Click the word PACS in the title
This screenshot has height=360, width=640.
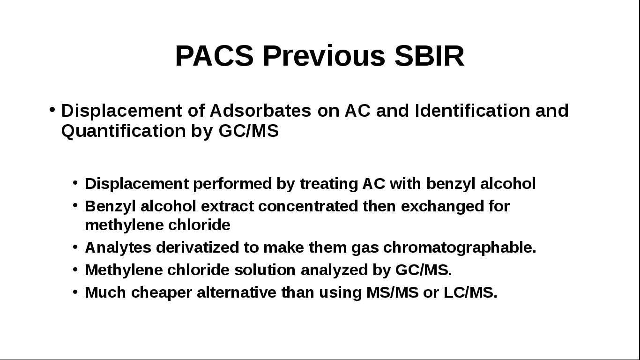[x=214, y=56]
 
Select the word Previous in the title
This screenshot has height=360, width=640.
[x=324, y=56]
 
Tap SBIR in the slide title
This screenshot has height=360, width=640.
[x=429, y=56]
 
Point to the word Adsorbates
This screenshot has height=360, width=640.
[x=260, y=111]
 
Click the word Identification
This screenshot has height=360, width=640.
[x=473, y=111]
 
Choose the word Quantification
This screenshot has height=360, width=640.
[x=124, y=131]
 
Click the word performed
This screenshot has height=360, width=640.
[x=232, y=184]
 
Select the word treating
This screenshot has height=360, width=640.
[x=329, y=184]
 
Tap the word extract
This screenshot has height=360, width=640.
[x=227, y=206]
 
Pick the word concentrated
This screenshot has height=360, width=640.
[x=308, y=206]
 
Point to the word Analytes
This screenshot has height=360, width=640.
[x=118, y=247]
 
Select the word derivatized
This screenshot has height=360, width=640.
[x=197, y=247]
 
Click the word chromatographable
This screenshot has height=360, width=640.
[x=460, y=247]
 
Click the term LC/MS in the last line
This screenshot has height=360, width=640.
[x=470, y=292]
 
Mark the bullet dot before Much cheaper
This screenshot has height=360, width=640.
[x=75, y=292]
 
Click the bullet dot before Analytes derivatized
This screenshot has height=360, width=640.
[x=75, y=247]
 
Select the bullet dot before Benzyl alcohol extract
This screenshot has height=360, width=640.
[x=75, y=205]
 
